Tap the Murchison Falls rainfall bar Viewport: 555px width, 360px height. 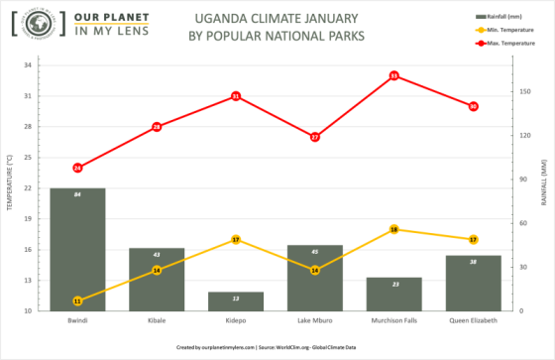[393, 294]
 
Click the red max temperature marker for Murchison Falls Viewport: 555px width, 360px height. [393, 75]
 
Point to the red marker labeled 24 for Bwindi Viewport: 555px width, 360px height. [77, 168]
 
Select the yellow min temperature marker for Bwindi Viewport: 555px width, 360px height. [77, 300]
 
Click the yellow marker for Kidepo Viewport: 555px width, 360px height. [236, 240]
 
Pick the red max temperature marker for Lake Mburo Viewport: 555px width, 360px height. [315, 137]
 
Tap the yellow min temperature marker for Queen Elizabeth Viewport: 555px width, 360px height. [473, 239]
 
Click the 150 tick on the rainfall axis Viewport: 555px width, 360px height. [523, 92]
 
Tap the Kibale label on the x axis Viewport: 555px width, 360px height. [157, 321]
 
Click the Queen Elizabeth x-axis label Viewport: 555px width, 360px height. [473, 321]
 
